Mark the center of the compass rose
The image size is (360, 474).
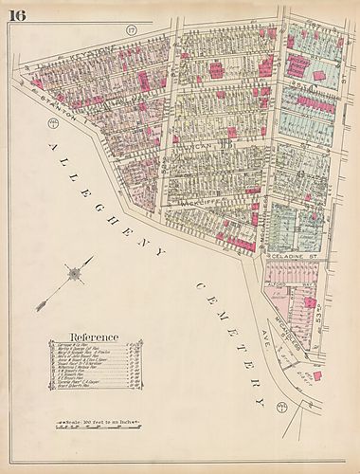point(70,276)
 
